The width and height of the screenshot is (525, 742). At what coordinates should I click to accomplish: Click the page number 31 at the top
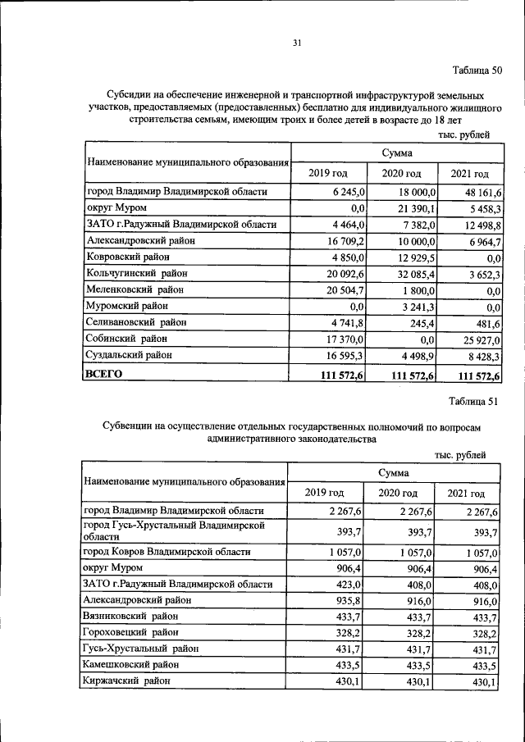[298, 43]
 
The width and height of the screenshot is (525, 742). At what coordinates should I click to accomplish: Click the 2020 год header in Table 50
[401, 173]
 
